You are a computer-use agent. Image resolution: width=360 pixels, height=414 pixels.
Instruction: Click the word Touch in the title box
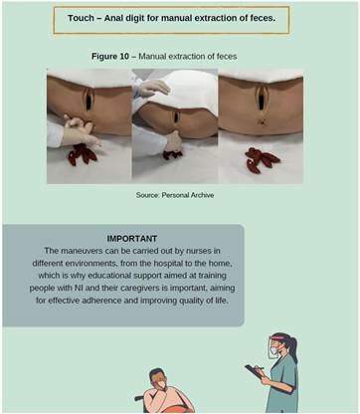[x=81, y=18]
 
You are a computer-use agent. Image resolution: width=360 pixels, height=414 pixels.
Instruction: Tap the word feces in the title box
[x=263, y=18]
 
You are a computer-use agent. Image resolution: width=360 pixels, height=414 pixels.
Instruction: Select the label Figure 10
[x=110, y=57]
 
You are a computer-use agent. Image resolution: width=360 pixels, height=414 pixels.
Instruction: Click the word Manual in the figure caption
[x=152, y=57]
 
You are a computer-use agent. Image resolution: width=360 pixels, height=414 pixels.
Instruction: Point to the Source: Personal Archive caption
[x=175, y=195]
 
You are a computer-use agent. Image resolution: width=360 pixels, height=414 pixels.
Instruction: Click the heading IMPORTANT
[x=132, y=239]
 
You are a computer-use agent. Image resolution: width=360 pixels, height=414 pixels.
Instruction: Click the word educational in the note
[x=109, y=276]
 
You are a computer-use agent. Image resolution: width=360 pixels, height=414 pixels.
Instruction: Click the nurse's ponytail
[x=293, y=345]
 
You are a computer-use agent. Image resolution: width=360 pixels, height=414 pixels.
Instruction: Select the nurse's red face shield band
[x=277, y=339]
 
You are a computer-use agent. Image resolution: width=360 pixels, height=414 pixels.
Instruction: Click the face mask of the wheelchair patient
[x=161, y=385]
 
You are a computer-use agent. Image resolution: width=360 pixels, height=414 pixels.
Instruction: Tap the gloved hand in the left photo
[x=81, y=131]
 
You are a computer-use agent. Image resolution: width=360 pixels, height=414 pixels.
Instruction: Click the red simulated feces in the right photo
[x=262, y=160]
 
